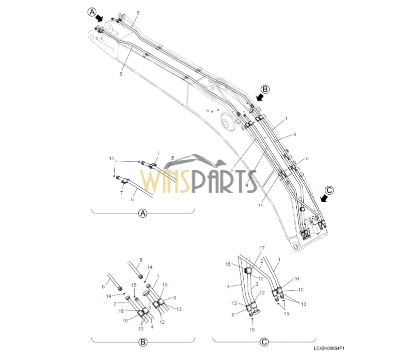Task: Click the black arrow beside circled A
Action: coord(99,18)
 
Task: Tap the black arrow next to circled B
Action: coord(259,97)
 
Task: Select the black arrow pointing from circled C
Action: coord(325,198)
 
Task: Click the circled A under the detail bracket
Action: coord(143,213)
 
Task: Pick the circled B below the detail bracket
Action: coord(143,342)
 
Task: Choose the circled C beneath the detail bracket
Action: coord(264,342)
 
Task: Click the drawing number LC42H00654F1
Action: coord(329,348)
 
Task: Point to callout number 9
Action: coord(307,159)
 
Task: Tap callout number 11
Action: coord(261,206)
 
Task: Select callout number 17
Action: coord(262,248)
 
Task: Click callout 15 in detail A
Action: coord(112,158)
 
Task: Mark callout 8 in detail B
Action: coord(175,297)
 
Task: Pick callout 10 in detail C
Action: coord(301,290)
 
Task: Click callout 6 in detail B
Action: coord(103,286)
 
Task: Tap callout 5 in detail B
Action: coord(141,260)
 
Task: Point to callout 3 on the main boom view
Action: coord(294,135)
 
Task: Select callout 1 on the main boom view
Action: coord(286,119)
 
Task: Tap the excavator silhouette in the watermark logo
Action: coord(199,161)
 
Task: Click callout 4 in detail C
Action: coord(228,286)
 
